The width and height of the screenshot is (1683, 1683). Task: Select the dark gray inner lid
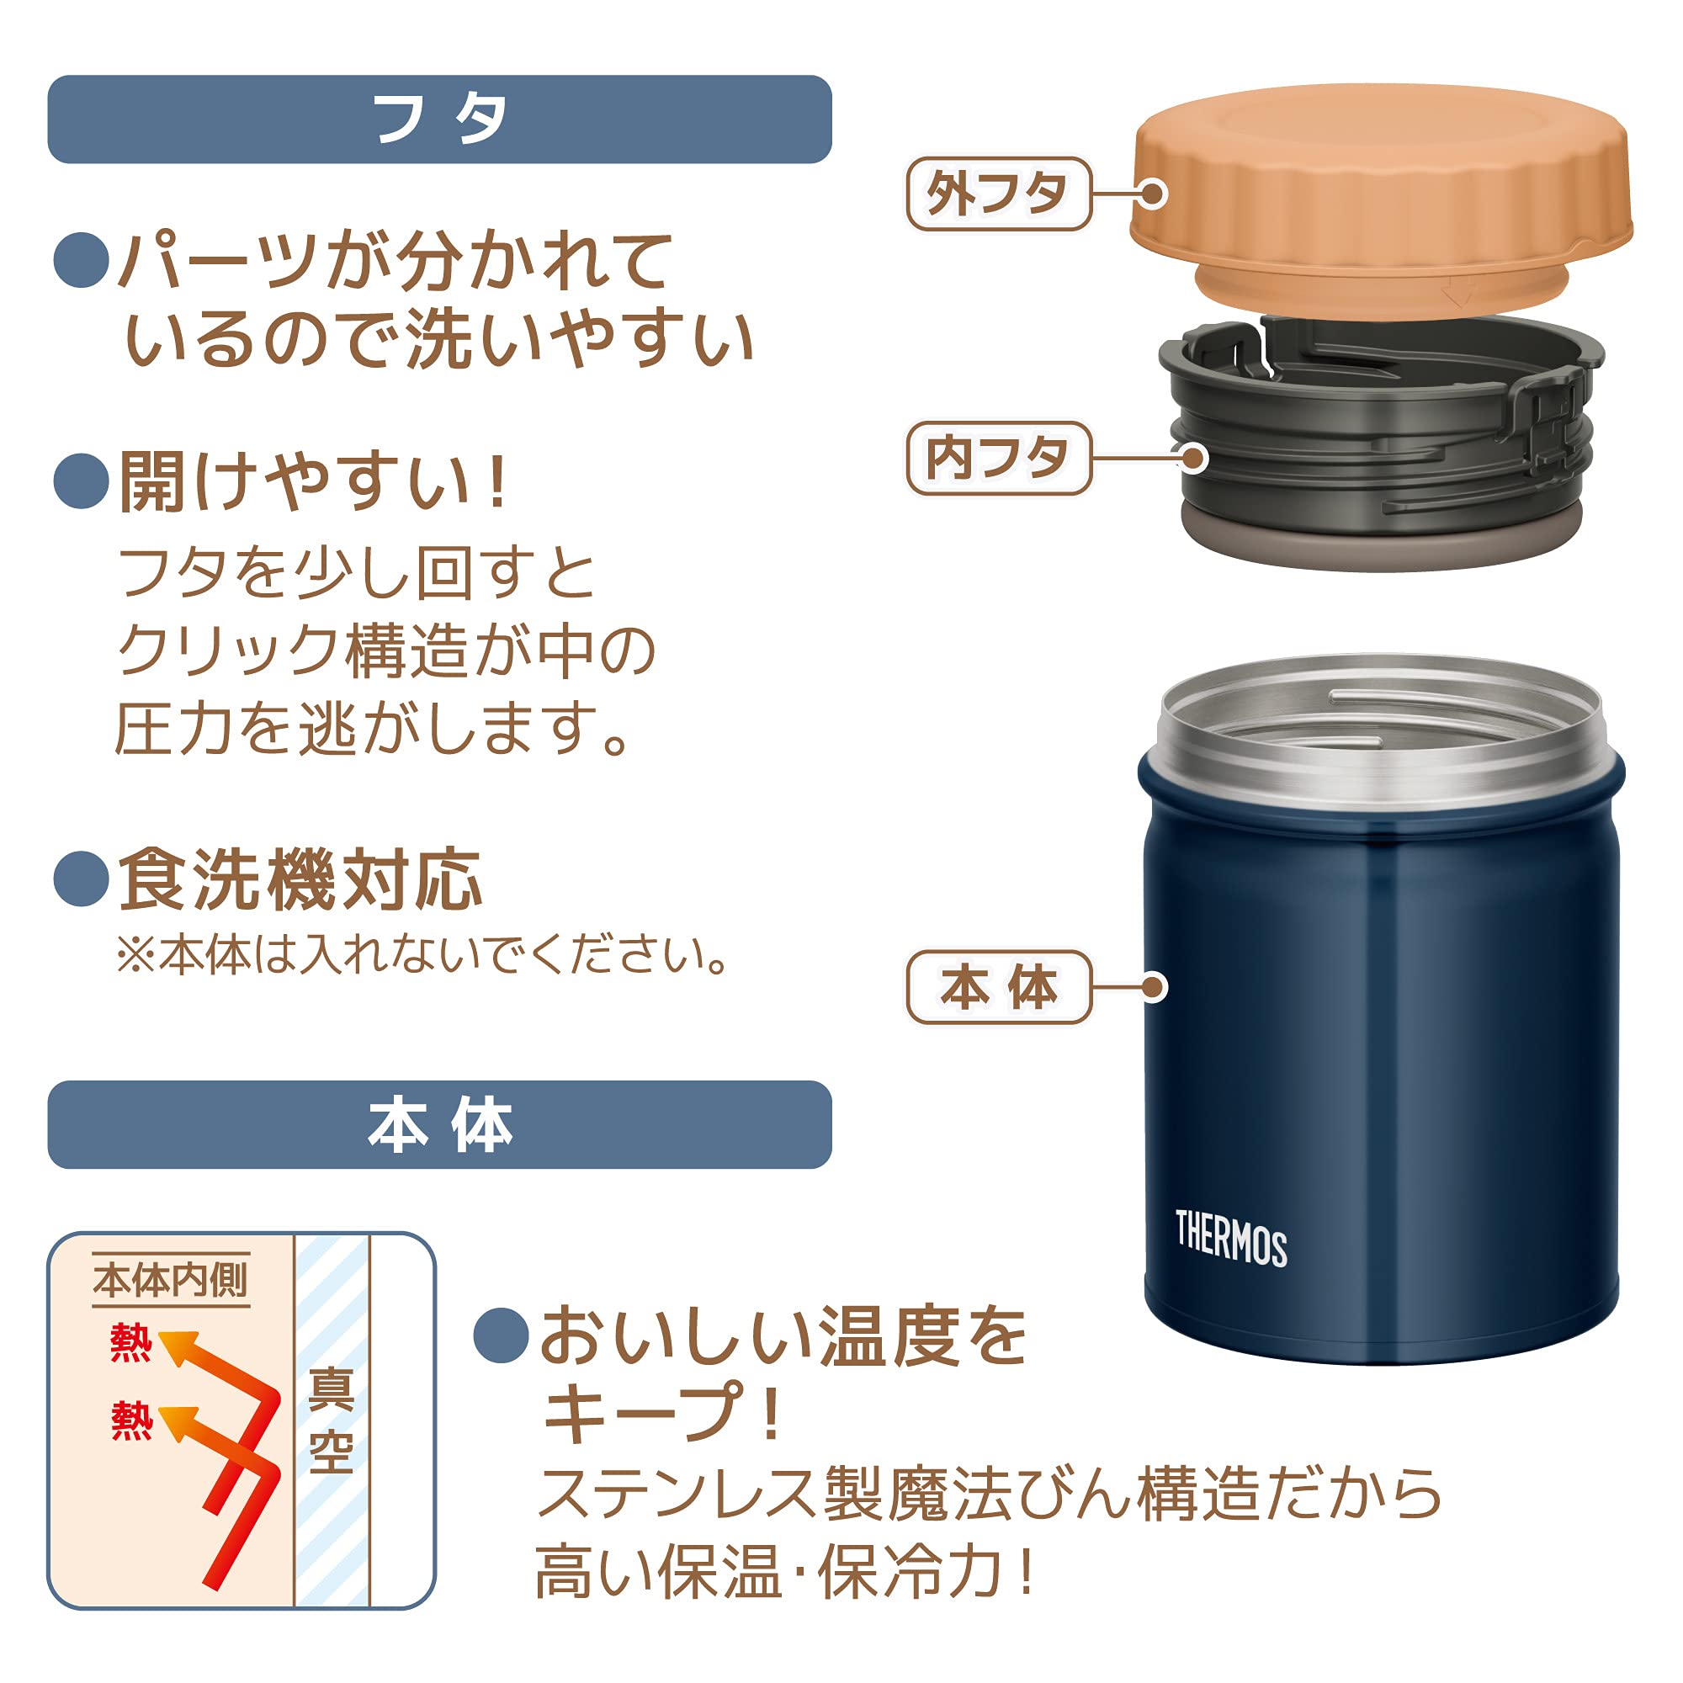1381,436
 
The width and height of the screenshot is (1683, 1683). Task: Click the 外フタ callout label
998,194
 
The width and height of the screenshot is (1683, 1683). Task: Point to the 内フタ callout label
998,459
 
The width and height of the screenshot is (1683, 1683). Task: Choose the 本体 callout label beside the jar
998,987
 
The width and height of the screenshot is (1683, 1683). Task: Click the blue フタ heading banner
439,119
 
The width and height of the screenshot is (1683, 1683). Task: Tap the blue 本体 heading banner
439,1124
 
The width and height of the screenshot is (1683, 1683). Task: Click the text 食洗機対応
300,880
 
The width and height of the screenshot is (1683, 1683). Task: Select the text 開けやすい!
314,481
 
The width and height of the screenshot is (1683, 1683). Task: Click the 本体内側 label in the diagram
171,1281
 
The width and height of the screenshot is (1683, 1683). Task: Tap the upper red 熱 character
130,1342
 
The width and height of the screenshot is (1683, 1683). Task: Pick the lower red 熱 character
130,1420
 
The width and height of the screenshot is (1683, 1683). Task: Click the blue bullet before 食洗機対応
80,879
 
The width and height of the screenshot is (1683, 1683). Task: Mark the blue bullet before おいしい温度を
501,1335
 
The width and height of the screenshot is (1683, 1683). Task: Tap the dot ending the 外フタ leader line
1153,194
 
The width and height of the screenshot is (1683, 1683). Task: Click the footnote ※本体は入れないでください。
422,955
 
